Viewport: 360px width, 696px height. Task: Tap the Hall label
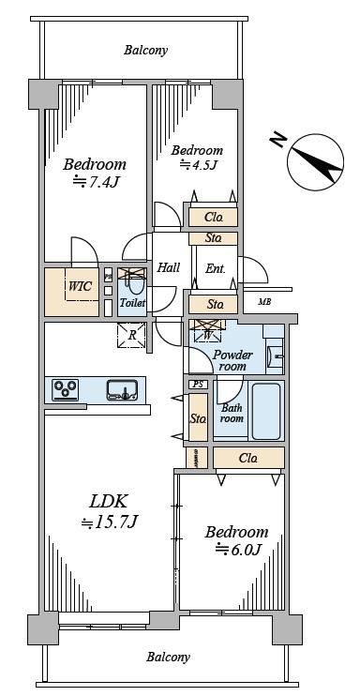point(169,267)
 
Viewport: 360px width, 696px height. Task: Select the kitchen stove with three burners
point(66,390)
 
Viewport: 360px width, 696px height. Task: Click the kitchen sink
point(121,389)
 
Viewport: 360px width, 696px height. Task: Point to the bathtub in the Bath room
point(266,411)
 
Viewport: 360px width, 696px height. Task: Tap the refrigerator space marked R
point(131,335)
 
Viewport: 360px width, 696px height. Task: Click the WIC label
point(80,286)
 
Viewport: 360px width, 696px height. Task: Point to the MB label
point(264,302)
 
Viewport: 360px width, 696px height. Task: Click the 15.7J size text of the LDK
point(109,522)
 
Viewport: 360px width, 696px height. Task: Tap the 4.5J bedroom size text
point(198,165)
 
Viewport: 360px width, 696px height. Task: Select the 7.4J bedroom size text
point(97,181)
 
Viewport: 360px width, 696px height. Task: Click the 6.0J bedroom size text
point(237,549)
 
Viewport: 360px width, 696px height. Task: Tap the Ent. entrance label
point(216,268)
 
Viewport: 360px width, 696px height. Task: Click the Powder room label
point(232,360)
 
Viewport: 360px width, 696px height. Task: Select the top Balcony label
point(145,50)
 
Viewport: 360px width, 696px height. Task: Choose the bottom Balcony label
point(168,657)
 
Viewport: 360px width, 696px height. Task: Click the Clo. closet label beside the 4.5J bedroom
point(213,218)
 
